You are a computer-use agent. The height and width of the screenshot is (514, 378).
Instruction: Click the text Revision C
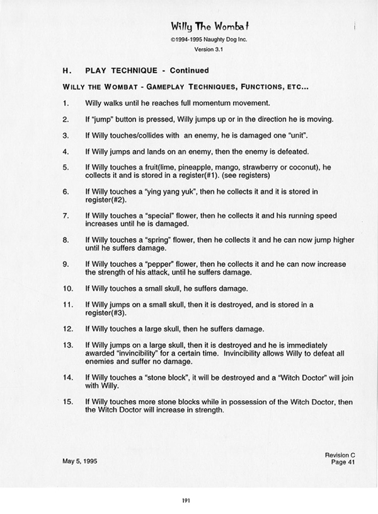coord(340,454)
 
